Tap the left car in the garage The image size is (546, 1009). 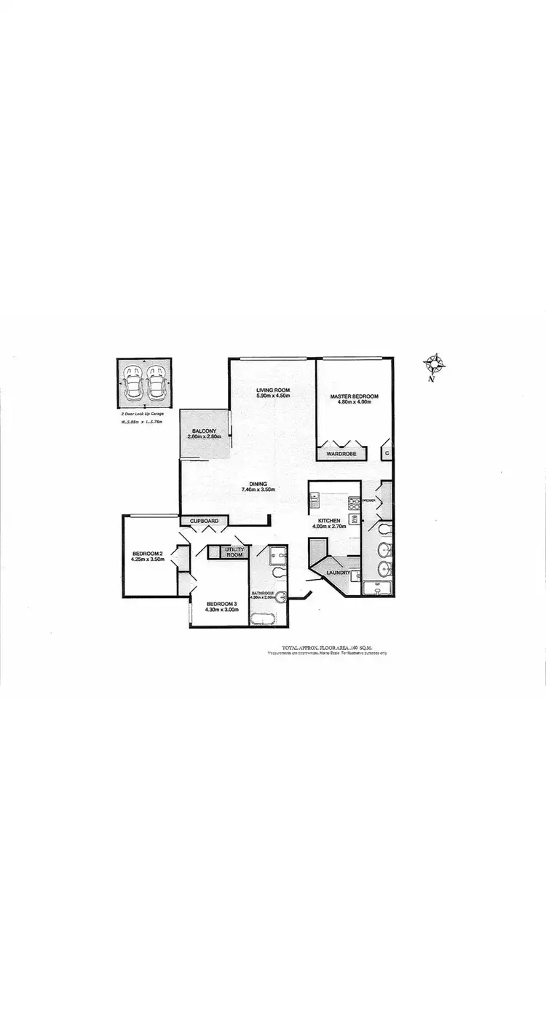point(134,382)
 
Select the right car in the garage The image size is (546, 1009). point(155,382)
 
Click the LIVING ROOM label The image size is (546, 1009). point(273,390)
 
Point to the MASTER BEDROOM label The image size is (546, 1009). point(355,397)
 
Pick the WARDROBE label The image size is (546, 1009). point(341,454)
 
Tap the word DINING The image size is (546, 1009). point(258,484)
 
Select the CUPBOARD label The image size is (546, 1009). point(204,521)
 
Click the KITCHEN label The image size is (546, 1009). point(329,520)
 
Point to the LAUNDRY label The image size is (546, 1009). point(339,573)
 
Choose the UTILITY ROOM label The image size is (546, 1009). point(234,551)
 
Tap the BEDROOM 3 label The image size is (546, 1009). point(222,603)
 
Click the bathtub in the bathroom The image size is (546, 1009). point(262,619)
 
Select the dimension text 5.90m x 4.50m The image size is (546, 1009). point(273,396)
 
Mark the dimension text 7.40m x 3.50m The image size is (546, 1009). point(258,490)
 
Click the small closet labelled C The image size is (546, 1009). point(387,453)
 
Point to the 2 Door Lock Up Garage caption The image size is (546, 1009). point(143,414)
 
